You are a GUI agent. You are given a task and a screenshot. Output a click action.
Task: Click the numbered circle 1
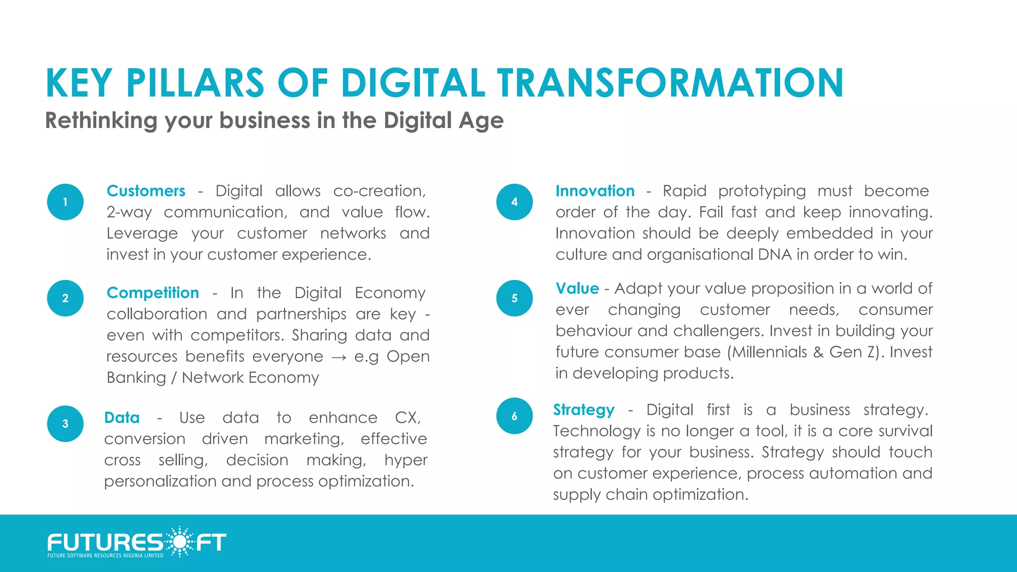pyautogui.click(x=65, y=202)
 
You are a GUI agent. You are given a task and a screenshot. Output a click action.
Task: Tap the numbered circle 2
pyautogui.click(x=65, y=298)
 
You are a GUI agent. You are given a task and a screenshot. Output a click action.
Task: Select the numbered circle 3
pyautogui.click(x=65, y=424)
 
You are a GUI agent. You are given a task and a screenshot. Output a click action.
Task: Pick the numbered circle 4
pyautogui.click(x=514, y=202)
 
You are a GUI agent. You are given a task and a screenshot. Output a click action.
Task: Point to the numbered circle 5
pyautogui.click(x=514, y=298)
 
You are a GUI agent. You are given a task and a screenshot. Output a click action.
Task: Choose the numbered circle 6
pyautogui.click(x=514, y=416)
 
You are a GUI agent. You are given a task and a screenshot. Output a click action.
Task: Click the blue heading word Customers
pyautogui.click(x=146, y=191)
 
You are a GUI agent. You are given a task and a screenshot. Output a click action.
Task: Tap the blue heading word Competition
pyautogui.click(x=153, y=293)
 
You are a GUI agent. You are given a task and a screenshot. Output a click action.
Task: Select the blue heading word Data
pyautogui.click(x=122, y=418)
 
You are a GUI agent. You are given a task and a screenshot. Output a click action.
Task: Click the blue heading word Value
pyautogui.click(x=577, y=288)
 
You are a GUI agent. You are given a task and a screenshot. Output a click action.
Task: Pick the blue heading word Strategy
pyautogui.click(x=584, y=410)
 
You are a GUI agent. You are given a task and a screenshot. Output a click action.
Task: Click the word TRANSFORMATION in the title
pyautogui.click(x=670, y=83)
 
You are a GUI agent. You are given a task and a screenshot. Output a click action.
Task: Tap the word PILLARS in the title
pyautogui.click(x=195, y=83)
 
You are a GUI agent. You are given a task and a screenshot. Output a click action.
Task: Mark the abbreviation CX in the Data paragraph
pyautogui.click(x=407, y=418)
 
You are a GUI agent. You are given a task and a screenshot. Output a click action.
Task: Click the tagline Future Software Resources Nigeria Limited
pyautogui.click(x=105, y=556)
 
